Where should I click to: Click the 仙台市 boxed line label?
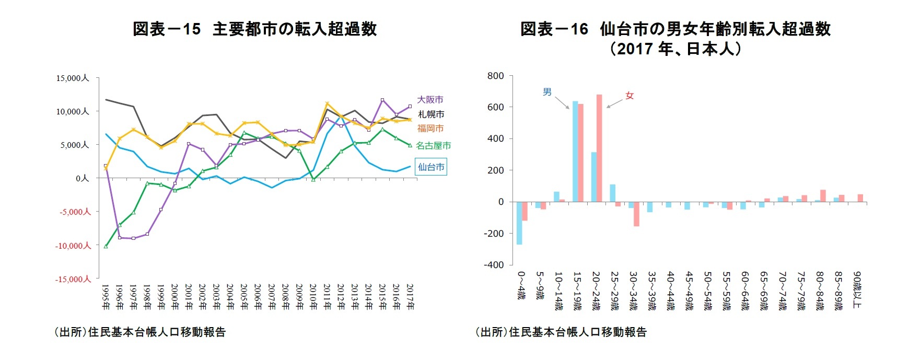point(431,167)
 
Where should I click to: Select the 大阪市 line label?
point(430,99)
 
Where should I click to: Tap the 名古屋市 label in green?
point(433,146)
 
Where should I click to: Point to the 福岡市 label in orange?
point(430,128)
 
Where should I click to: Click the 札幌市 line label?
point(431,114)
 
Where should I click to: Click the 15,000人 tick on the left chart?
point(73,78)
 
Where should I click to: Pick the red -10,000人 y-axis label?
point(73,246)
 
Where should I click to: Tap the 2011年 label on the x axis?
point(327,297)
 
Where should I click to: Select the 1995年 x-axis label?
point(106,297)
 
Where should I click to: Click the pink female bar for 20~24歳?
point(599,148)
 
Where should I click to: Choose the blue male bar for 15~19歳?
point(575,152)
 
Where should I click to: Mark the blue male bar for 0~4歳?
point(519,223)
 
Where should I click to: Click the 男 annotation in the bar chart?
point(547,92)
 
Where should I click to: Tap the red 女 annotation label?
point(629,96)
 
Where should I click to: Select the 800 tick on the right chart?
point(495,76)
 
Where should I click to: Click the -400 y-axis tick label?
point(494,265)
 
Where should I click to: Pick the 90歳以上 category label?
point(856,289)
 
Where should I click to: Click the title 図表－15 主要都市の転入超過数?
point(254,29)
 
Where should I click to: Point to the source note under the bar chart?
point(561,332)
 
